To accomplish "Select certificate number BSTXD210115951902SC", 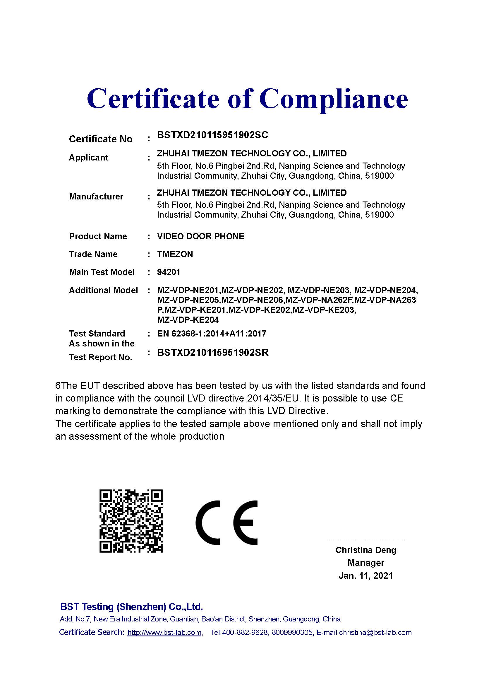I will coord(212,135).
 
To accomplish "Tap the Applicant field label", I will coord(88,158).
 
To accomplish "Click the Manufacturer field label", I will coord(96,197).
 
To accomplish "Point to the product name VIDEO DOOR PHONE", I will coord(200,236).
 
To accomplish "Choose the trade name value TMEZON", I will coord(175,254).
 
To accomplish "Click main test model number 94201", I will coord(169,272).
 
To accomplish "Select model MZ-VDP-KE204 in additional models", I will coord(188,320).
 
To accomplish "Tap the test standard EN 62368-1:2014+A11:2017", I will coord(212,334).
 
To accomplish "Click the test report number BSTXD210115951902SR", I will coord(213,353).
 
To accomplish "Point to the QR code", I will coord(131,521).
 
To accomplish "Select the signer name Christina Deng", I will coord(366,550).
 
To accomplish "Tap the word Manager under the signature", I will coord(366,563).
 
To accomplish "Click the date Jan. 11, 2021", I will coord(366,575).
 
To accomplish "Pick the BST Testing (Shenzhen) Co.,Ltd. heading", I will coord(131,607).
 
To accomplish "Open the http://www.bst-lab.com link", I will coord(164,633).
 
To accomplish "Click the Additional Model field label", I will coord(103,290).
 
